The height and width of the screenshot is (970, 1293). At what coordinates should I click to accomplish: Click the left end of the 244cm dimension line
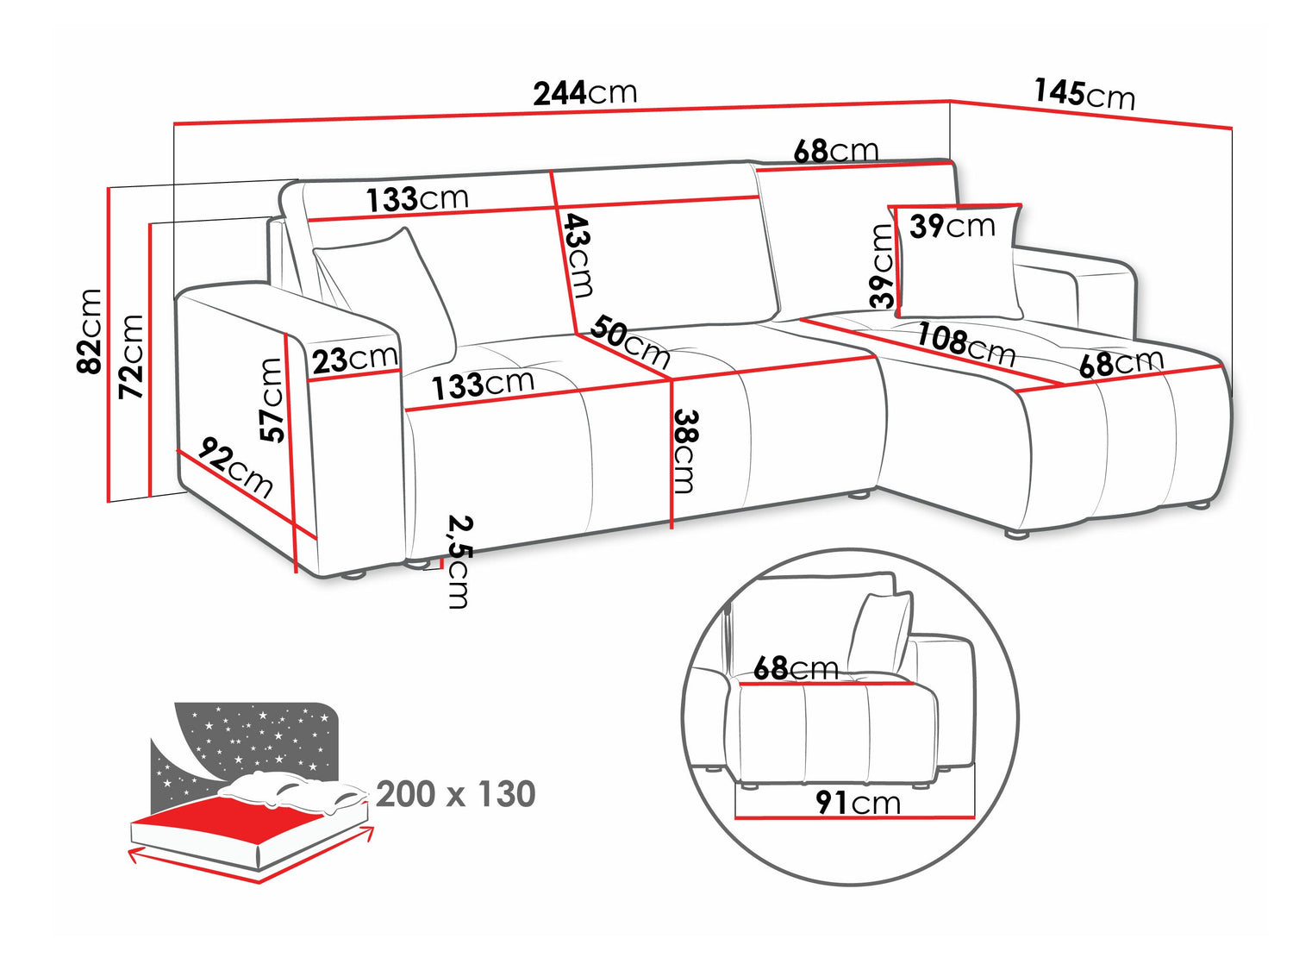coord(174,123)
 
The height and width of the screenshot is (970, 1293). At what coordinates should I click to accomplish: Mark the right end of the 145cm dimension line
coord(1233,144)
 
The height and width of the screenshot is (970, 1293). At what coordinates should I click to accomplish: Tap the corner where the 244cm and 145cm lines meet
coord(950,101)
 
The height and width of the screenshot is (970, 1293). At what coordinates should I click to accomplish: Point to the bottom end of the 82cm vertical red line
coord(109,502)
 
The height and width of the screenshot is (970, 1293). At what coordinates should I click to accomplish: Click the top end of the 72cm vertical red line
coord(152,224)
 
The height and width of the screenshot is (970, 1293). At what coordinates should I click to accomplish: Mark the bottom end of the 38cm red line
coord(671,529)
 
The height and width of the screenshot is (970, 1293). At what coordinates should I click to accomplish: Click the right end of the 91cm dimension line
coord(975,817)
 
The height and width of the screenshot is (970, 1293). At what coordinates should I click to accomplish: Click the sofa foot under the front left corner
coord(353,574)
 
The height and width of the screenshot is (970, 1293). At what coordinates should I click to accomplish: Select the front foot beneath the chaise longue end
coord(1018,535)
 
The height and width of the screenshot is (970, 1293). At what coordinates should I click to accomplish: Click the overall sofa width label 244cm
coord(585,93)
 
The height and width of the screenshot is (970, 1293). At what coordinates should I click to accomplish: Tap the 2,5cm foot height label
coord(459,561)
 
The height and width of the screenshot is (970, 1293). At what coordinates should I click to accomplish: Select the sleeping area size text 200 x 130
coord(455,794)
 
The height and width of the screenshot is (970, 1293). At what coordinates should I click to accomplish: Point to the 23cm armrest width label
coord(354,359)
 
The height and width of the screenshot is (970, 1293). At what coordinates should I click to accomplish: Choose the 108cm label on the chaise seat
coord(966,347)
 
